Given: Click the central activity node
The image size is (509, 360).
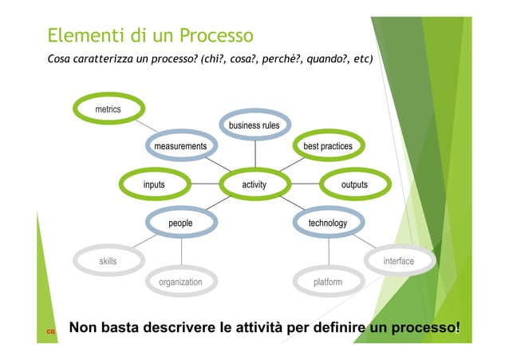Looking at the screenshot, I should (254, 185).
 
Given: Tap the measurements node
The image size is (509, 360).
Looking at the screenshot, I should (180, 147).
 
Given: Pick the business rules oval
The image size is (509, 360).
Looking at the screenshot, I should (254, 126).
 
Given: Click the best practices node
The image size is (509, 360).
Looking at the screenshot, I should (327, 147).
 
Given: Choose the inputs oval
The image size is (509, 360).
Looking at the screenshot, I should (154, 185).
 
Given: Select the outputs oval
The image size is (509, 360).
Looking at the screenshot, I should (354, 185).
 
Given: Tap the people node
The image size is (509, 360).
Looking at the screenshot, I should (180, 224).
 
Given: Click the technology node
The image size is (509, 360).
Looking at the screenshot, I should (327, 224).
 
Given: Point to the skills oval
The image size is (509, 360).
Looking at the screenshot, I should (108, 261).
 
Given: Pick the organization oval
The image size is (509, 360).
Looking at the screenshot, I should (180, 283).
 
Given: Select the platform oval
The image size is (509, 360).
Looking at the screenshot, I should (327, 283).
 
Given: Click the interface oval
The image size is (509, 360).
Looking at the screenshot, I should (398, 261).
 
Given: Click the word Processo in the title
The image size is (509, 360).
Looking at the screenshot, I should (216, 37).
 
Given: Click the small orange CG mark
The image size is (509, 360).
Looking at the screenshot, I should (49, 330).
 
